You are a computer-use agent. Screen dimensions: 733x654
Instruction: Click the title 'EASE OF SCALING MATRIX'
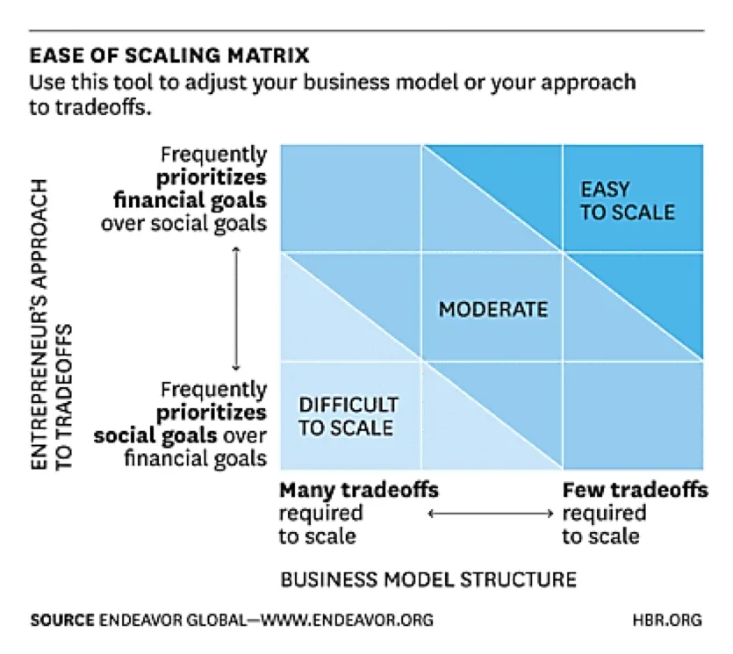click(169, 55)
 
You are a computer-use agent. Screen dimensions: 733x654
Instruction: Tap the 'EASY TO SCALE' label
click(628, 201)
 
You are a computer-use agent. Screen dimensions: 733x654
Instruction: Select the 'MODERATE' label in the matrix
click(493, 310)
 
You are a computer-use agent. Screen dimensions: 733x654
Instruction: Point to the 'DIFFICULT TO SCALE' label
click(349, 416)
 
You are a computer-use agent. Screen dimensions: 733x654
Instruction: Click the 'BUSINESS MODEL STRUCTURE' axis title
click(428, 579)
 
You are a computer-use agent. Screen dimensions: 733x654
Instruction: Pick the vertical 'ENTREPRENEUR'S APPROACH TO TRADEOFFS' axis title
click(52, 325)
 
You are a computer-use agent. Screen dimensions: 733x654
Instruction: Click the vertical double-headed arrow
click(236, 308)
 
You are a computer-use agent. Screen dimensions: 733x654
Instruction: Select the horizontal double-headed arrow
click(491, 514)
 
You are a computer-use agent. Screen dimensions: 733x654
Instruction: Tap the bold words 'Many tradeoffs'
click(359, 490)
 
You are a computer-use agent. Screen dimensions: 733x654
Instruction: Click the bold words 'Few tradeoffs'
click(636, 490)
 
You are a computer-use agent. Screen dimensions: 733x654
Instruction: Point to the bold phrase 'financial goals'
click(190, 200)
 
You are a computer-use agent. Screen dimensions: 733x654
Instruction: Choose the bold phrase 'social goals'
click(155, 435)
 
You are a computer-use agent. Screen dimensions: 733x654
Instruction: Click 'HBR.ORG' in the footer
click(667, 620)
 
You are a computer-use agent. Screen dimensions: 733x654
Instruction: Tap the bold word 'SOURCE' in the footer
click(62, 620)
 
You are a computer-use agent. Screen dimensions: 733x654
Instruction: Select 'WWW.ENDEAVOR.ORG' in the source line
click(347, 620)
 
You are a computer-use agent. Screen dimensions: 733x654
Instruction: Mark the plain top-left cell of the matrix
click(350, 198)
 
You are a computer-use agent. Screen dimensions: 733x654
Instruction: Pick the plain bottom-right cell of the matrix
click(633, 415)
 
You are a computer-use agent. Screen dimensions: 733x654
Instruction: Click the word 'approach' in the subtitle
click(588, 83)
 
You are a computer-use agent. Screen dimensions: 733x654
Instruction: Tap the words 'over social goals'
click(183, 223)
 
